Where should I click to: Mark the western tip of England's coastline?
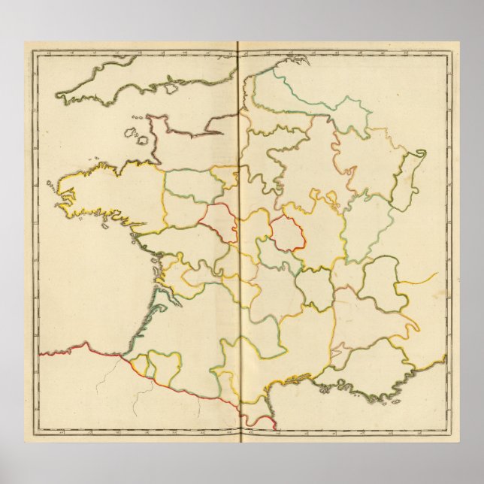pyautogui.click(x=59, y=96)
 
